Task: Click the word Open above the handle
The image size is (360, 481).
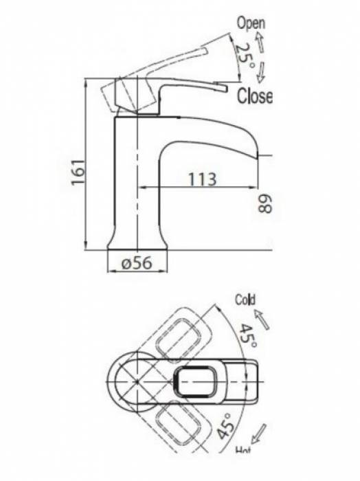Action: tap(251, 23)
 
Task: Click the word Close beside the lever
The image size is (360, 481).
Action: tap(254, 96)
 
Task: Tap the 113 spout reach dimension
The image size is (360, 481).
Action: tap(201, 179)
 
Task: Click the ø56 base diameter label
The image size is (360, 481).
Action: tap(137, 261)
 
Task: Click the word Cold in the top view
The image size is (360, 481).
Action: tap(245, 300)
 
